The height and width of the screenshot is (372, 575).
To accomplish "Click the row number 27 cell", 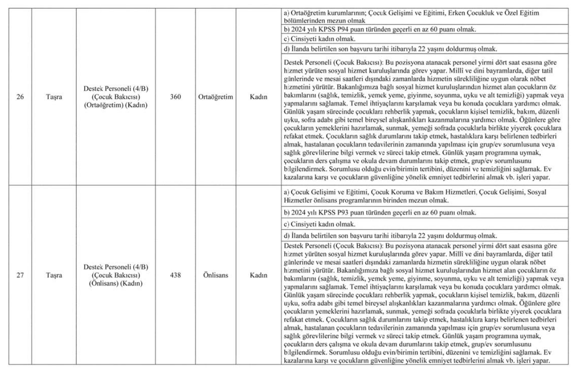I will click(20, 275).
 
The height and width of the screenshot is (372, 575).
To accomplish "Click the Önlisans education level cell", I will click(215, 275).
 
